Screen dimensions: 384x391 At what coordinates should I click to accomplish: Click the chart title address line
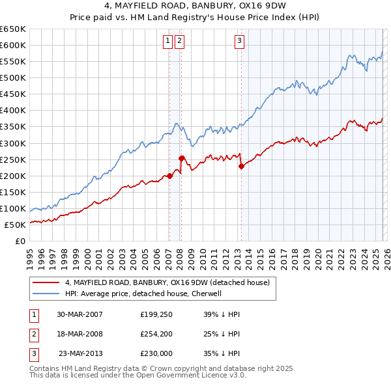(195, 7)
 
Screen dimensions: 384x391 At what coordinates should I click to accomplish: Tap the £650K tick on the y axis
(13, 29)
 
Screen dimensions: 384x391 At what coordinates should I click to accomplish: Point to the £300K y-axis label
(13, 143)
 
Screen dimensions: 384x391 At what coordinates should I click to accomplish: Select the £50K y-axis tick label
(16, 225)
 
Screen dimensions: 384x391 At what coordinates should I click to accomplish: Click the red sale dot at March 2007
(169, 176)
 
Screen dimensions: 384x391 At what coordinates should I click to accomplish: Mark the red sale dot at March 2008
(181, 158)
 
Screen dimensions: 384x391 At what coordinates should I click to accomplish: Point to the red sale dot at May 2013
(241, 166)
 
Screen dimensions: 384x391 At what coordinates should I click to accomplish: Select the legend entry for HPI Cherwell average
(143, 294)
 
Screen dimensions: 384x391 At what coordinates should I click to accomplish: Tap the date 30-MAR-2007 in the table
(80, 314)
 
